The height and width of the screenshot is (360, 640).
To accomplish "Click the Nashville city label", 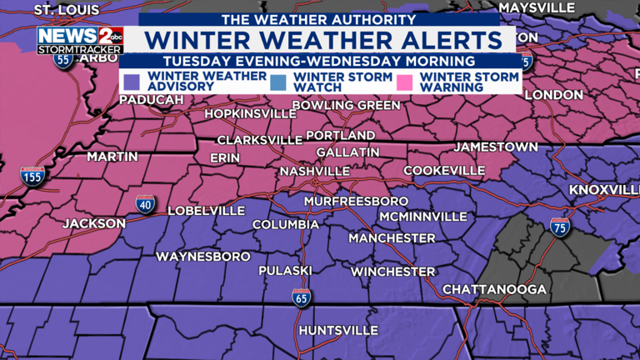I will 314,171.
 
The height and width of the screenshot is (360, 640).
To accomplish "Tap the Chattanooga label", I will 494,289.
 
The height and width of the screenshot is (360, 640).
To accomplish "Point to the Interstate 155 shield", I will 32,176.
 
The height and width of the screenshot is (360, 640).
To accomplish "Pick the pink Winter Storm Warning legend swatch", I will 406,81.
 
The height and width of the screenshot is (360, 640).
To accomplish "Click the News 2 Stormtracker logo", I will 80,39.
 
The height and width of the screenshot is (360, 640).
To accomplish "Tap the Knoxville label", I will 604,190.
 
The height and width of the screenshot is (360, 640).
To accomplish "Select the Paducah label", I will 151,100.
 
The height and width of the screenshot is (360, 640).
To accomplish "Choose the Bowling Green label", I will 347,106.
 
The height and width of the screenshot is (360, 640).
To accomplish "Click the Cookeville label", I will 443,171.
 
